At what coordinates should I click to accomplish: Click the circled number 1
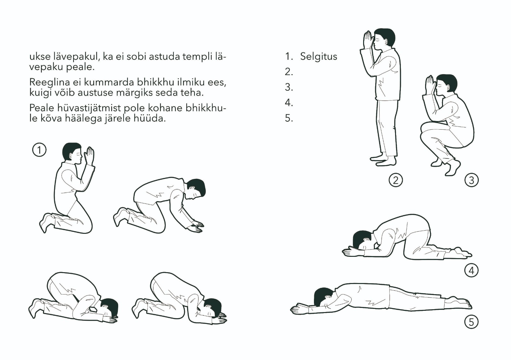(x=39, y=150)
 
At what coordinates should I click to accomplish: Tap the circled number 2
(x=396, y=180)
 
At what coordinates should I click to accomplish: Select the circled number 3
(x=471, y=180)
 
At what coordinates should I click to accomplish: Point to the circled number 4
(x=471, y=271)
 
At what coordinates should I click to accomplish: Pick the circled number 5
(x=471, y=322)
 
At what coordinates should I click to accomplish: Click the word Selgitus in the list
(x=318, y=56)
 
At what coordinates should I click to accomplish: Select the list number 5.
(x=289, y=118)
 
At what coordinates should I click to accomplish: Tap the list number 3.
(x=289, y=87)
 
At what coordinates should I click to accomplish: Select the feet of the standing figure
(x=383, y=160)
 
